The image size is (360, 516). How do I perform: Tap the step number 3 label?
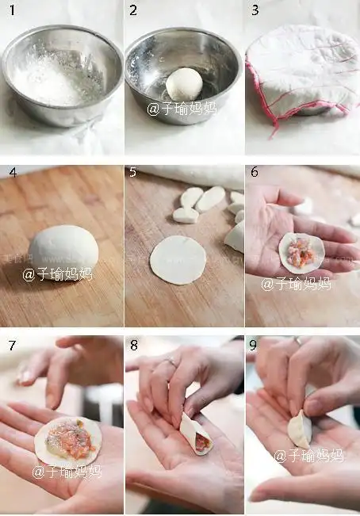click(x=255, y=10)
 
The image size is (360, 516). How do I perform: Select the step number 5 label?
click(x=132, y=172)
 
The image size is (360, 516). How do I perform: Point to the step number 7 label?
click(x=12, y=346)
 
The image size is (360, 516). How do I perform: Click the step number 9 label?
click(x=255, y=346)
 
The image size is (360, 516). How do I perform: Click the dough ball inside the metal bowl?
click(x=184, y=84)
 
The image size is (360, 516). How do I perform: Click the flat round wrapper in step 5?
click(x=178, y=260)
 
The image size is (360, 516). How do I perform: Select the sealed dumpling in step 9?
click(x=300, y=429)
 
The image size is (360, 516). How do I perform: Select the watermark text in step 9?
click(x=308, y=456)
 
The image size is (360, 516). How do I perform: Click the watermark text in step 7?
click(x=67, y=472)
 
